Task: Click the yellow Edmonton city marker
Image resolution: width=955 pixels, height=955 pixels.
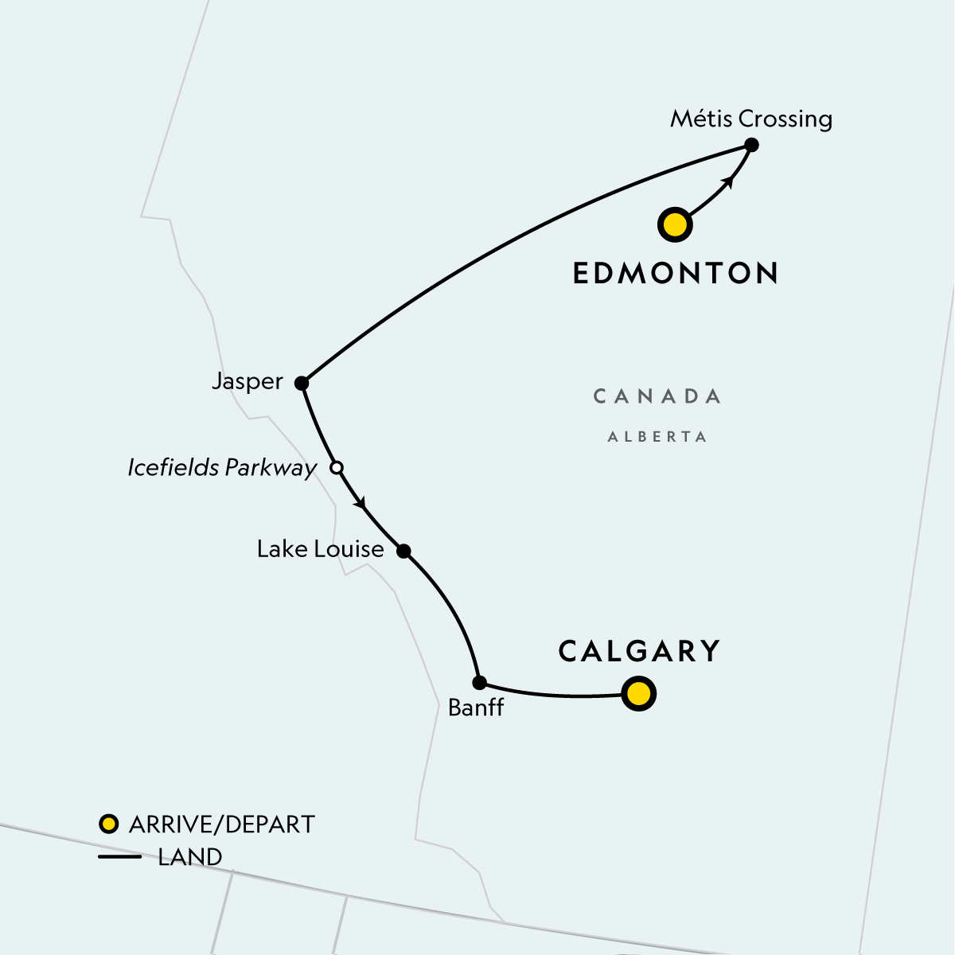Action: click(x=675, y=224)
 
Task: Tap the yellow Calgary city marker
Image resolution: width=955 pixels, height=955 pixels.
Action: click(x=638, y=693)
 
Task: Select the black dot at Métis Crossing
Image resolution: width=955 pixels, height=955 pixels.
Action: click(x=750, y=145)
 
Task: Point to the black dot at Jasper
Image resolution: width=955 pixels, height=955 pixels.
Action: click(x=302, y=383)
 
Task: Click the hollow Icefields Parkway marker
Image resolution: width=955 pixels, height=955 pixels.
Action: click(x=337, y=468)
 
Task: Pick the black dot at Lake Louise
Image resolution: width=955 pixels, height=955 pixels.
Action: click(x=403, y=551)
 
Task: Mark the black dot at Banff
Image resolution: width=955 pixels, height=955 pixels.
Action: click(x=479, y=682)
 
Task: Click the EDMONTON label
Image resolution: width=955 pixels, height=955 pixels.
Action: click(x=676, y=273)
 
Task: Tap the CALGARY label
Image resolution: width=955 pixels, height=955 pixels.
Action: click(x=639, y=651)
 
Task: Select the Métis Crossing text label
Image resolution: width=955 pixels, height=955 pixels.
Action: click(x=750, y=119)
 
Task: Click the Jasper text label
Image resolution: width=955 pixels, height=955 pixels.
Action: click(x=248, y=382)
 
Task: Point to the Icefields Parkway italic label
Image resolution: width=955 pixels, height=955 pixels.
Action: click(x=222, y=468)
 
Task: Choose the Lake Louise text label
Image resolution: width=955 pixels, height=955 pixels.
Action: click(x=320, y=549)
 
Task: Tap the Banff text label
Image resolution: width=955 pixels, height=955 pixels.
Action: click(x=476, y=707)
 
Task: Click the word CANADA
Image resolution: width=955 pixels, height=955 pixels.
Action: click(x=657, y=396)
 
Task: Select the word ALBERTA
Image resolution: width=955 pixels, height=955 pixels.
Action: click(x=657, y=437)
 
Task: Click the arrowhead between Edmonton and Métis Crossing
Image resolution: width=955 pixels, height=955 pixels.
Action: click(x=727, y=182)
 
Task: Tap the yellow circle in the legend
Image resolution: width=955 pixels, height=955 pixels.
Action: click(x=108, y=824)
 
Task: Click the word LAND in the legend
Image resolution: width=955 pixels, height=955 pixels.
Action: click(x=190, y=857)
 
